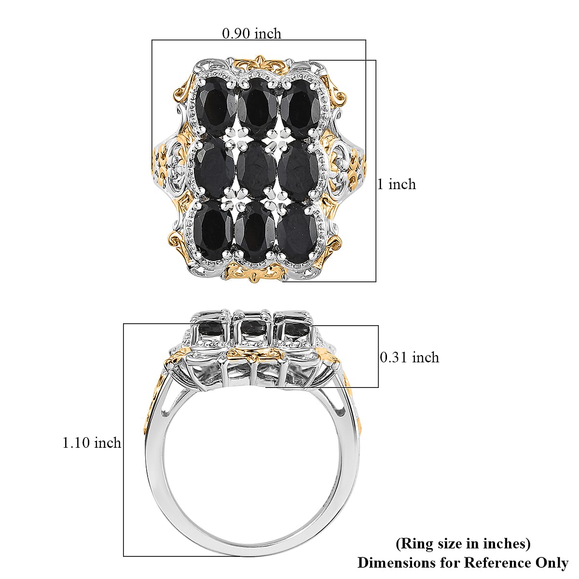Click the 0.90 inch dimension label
coord(251,33)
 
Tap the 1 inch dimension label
coord(397,184)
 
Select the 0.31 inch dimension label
coord(410,358)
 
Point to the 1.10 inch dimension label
coord(92,442)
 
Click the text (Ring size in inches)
coord(463,544)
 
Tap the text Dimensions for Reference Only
coord(463,562)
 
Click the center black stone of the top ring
coord(256,171)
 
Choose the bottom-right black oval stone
coord(298,233)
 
